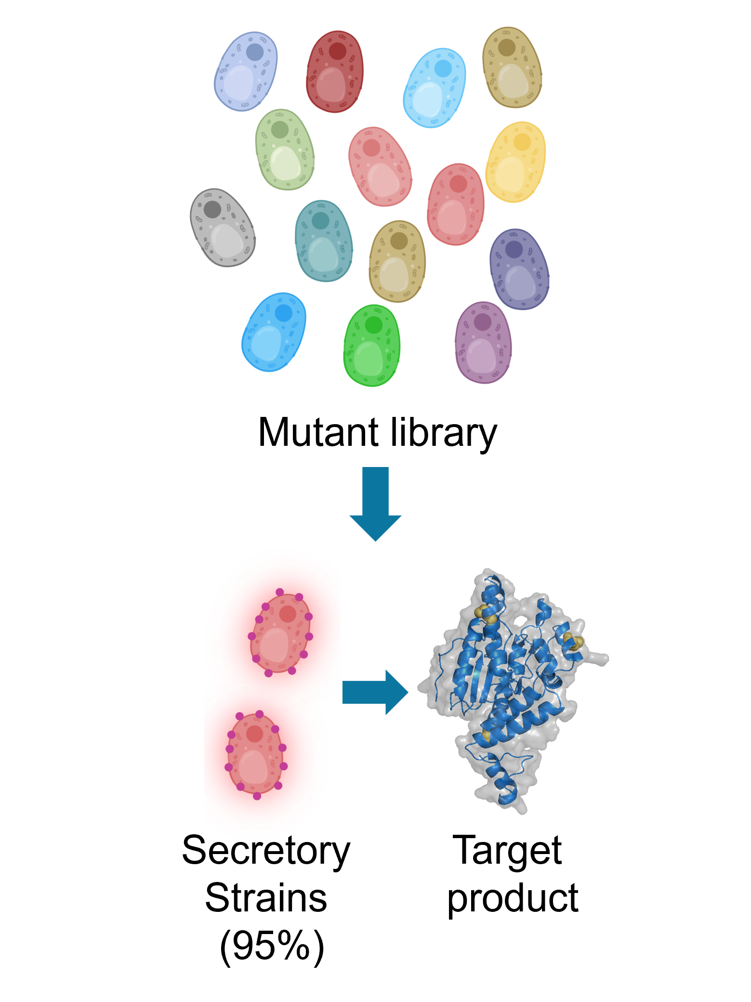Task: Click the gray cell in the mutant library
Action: [x=222, y=227]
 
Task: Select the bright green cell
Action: [x=371, y=346]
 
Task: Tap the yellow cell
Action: [x=515, y=162]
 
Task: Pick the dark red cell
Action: [x=335, y=72]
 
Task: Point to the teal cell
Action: [x=323, y=241]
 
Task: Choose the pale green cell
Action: [x=285, y=149]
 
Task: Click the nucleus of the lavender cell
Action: [x=255, y=52]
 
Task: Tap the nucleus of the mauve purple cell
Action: [x=482, y=322]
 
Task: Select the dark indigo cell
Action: [x=519, y=269]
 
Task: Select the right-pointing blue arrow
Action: [x=375, y=692]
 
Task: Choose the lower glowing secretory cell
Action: [x=255, y=754]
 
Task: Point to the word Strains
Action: [x=266, y=897]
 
